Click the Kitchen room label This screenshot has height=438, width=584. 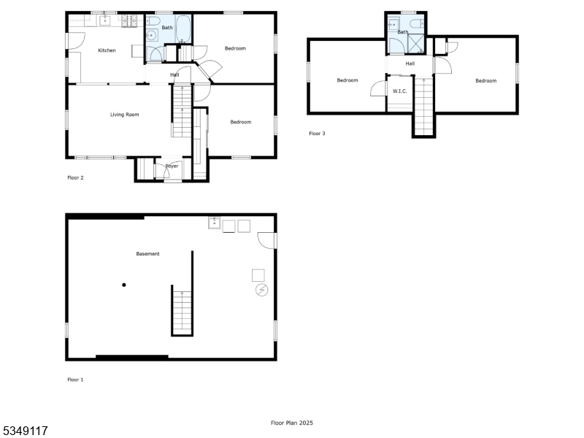click(107, 50)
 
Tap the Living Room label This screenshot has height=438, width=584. click(125, 115)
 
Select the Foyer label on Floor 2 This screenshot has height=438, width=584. click(172, 166)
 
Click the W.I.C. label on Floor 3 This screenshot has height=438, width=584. click(399, 91)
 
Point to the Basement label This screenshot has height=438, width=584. click(147, 254)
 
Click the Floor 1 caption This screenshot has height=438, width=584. click(75, 380)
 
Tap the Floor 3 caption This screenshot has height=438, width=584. click(317, 134)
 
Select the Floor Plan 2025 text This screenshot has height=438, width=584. click(292, 423)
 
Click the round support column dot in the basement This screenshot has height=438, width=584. click(124, 285)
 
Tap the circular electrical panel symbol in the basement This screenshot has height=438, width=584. click(261, 291)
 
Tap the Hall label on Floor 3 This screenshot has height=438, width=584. click(410, 64)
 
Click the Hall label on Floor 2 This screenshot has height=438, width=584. click(174, 74)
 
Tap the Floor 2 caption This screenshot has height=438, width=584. click(75, 177)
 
